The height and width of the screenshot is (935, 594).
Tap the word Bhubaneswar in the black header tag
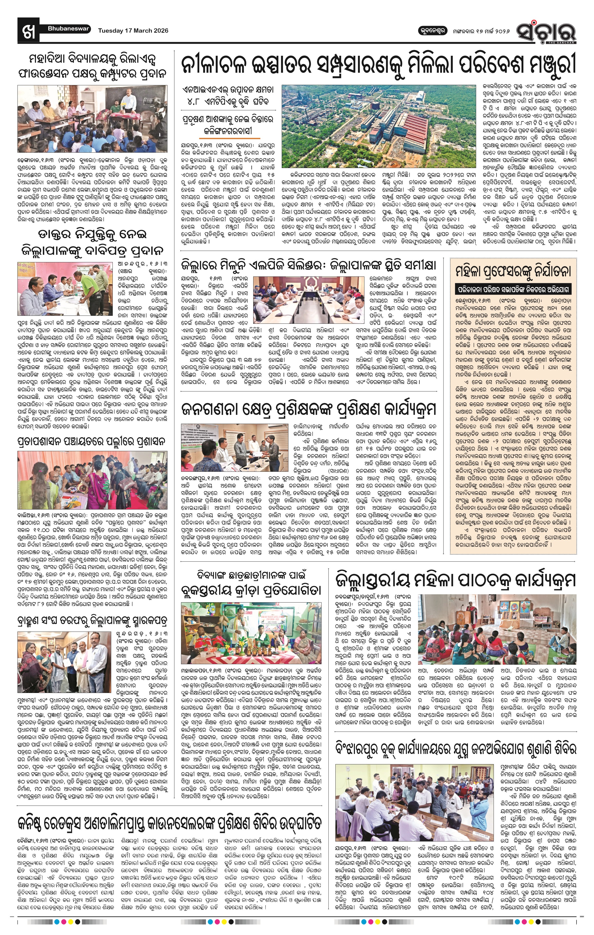(69, 28)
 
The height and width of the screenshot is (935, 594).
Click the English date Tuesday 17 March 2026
(133, 30)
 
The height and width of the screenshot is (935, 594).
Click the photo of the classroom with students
(92, 119)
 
